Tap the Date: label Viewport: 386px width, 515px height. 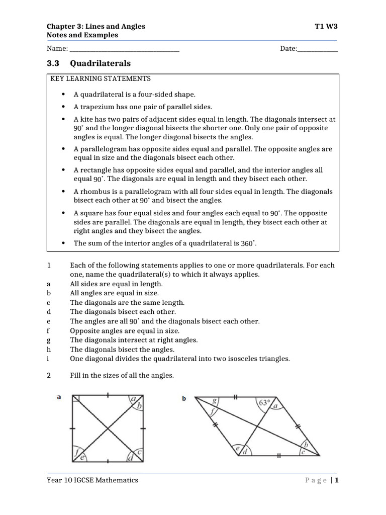coord(288,49)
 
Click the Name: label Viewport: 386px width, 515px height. coord(57,49)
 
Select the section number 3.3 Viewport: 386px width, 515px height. coord(53,63)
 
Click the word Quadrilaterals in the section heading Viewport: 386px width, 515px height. coord(100,63)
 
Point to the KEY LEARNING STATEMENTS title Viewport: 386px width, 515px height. coord(101,79)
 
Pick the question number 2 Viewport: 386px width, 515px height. coord(49,375)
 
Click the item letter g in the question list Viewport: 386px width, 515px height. coord(49,340)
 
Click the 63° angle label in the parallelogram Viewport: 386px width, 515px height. coord(264,402)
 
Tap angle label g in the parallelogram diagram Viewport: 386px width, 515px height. coord(215,401)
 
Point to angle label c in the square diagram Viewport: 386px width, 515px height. coord(140,453)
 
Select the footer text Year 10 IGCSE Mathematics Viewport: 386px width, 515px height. coord(92,480)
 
